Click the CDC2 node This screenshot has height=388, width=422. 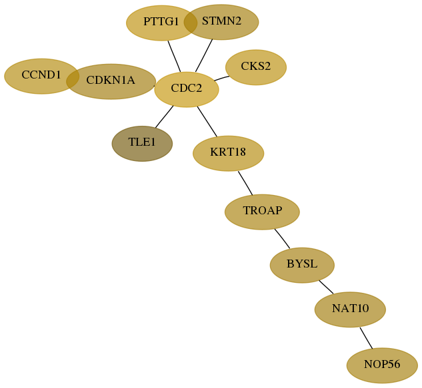click(x=187, y=89)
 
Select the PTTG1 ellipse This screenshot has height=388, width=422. click(x=161, y=23)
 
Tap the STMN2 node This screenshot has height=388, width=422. click(x=221, y=22)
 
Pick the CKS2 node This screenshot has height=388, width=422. click(x=256, y=67)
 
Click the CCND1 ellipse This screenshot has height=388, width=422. click(x=41, y=76)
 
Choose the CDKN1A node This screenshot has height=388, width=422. click(x=111, y=81)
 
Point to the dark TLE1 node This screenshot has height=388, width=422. click(x=142, y=144)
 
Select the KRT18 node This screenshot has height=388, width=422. click(x=228, y=153)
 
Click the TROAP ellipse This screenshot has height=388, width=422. click(x=262, y=212)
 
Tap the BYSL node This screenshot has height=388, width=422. click(x=302, y=265)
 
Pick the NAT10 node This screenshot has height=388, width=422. click(x=350, y=309)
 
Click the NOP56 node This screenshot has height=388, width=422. click(x=382, y=365)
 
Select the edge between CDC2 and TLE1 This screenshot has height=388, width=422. click(x=164, y=116)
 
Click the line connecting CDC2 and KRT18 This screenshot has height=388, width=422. click(x=207, y=121)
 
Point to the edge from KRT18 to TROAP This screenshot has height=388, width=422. click(x=245, y=183)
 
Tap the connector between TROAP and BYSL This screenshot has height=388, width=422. click(x=282, y=239)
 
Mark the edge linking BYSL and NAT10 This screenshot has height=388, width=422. click(x=326, y=287)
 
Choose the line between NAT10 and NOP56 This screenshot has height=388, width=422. click(x=366, y=338)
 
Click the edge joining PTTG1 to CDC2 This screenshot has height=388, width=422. click(x=174, y=57)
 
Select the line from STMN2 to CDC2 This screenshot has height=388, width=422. click(x=204, y=56)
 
